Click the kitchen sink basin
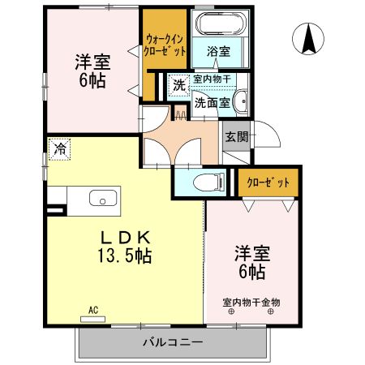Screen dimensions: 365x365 coord(102,197)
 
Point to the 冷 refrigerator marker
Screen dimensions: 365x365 coord(59,148)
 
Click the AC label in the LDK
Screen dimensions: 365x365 coord(92,310)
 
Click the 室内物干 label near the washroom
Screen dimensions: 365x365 coord(211,79)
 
